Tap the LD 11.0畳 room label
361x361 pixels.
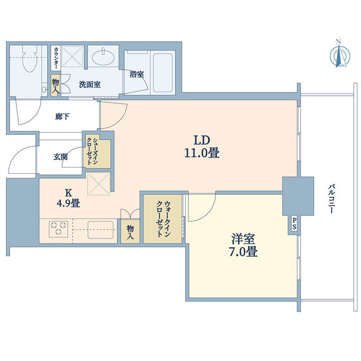click(x=202, y=147)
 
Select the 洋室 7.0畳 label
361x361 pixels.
click(x=243, y=245)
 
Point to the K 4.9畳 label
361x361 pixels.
click(x=68, y=198)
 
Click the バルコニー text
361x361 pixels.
click(x=331, y=198)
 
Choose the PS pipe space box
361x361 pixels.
click(x=294, y=223)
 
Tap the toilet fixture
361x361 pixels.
click(x=29, y=58)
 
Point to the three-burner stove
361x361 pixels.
click(x=59, y=229)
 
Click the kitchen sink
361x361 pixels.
click(x=100, y=230)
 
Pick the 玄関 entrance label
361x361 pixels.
click(x=60, y=157)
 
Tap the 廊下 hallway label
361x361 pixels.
click(x=62, y=117)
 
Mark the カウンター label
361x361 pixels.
click(x=56, y=58)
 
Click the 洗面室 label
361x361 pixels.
click(x=90, y=85)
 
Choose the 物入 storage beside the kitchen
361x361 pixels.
click(x=130, y=231)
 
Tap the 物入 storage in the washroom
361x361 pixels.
click(x=55, y=85)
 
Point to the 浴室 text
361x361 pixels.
click(x=137, y=74)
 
